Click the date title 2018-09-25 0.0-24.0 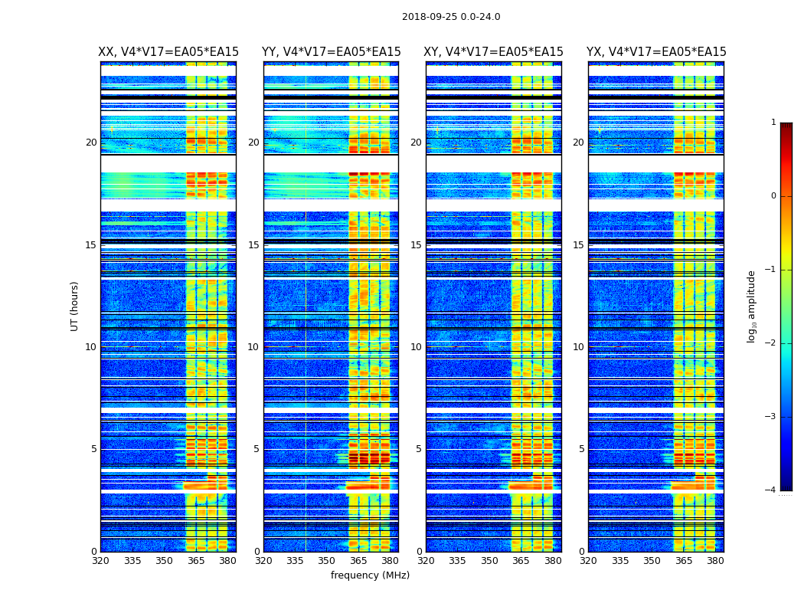pos(451,17)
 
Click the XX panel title pos(168,52)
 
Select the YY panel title pos(331,52)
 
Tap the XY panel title pos(494,52)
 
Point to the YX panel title pos(656,52)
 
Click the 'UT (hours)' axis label pos(74,306)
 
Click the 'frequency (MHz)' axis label pos(370,575)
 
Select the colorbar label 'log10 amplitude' pos(751,306)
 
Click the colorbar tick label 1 pos(773,123)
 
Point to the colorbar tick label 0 pos(773,196)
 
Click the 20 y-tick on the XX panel pos(91,143)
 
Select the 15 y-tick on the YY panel pos(253,245)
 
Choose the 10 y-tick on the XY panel pos(416,347)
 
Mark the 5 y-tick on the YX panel pos(581,449)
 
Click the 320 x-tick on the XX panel pos(100,561)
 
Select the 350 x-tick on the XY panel pos(489,561)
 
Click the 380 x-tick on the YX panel pos(715,561)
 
